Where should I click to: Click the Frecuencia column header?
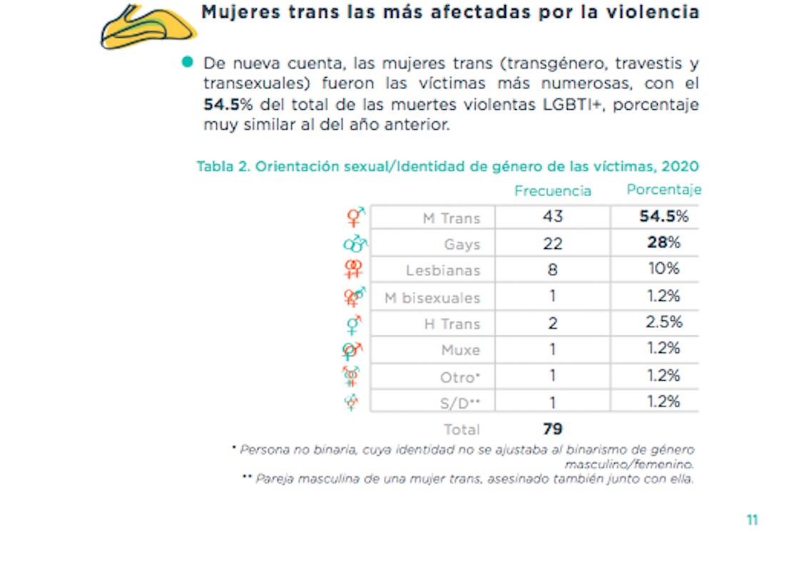pyautogui.click(x=553, y=191)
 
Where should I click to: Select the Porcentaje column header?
pyautogui.click(x=663, y=190)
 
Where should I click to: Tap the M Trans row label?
pyautogui.click(x=451, y=218)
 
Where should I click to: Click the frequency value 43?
pyautogui.click(x=553, y=217)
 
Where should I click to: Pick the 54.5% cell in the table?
pyautogui.click(x=663, y=217)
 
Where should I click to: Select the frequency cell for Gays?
pyautogui.click(x=553, y=244)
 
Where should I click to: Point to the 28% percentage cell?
pyautogui.click(x=663, y=243)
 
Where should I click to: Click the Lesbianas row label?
pyautogui.click(x=443, y=271)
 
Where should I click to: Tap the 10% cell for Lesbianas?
pyautogui.click(x=663, y=270)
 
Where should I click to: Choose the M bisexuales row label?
pyautogui.click(x=432, y=298)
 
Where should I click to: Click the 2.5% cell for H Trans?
pyautogui.click(x=663, y=322)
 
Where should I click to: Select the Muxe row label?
pyautogui.click(x=461, y=351)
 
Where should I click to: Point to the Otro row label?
pyautogui.click(x=460, y=377)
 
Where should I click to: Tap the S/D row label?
pyautogui.click(x=459, y=404)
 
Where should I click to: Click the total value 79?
pyautogui.click(x=553, y=429)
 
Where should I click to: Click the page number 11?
pyautogui.click(x=752, y=520)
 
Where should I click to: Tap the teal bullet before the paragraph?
pyautogui.click(x=188, y=63)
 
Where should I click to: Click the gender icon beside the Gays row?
pyautogui.click(x=355, y=243)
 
